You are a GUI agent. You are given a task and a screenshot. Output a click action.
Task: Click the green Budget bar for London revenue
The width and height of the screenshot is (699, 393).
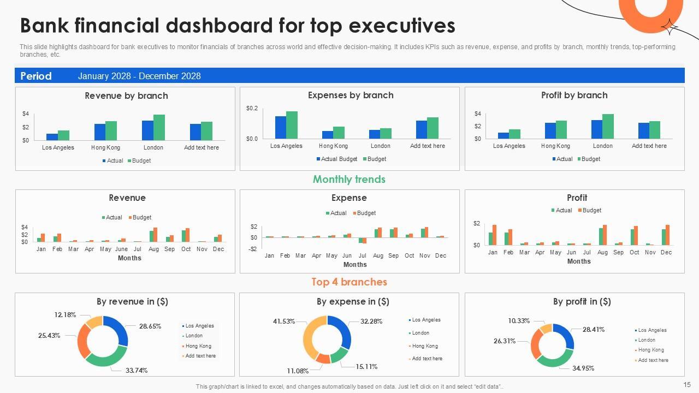coord(159,127)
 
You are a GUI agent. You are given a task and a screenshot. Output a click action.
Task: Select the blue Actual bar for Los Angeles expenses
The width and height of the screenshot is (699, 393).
coord(281,127)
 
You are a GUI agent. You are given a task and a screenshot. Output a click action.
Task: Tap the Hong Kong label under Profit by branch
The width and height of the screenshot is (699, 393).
coord(555,146)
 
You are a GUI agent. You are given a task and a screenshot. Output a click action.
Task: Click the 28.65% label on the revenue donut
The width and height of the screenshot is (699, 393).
coord(150,326)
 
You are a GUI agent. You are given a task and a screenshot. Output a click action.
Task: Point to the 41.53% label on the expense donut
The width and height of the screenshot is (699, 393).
coord(284,321)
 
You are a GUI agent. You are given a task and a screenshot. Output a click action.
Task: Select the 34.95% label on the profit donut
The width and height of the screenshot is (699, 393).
coord(583,368)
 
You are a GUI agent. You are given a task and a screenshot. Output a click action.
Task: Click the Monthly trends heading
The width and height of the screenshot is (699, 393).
coord(349,179)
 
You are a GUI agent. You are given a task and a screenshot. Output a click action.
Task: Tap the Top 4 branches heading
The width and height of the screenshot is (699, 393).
coord(349,282)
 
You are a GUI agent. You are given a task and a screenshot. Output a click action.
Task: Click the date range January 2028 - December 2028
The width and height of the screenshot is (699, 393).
coord(139,76)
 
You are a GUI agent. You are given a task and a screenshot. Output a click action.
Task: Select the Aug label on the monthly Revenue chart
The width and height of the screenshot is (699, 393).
coord(153,249)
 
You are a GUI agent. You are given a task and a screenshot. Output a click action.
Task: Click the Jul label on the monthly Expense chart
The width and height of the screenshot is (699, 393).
coord(363,255)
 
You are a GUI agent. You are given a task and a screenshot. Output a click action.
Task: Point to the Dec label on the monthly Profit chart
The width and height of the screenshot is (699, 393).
coord(666,252)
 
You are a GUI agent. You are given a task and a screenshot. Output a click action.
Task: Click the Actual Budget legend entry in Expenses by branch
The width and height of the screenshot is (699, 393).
coord(336,159)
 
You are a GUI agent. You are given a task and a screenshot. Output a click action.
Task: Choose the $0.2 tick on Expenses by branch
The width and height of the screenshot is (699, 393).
coord(252,109)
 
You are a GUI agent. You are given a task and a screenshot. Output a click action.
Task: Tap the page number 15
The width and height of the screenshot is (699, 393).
coord(687,385)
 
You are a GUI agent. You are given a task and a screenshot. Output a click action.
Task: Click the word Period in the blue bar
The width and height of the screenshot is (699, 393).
coord(36,76)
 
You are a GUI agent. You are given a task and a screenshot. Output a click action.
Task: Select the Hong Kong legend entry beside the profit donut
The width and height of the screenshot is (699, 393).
coord(651,350)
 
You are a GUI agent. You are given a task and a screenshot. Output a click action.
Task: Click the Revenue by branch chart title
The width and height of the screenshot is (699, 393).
coord(126,96)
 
